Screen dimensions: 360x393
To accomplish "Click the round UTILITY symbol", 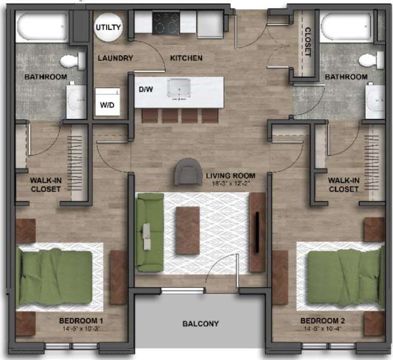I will click(x=109, y=27).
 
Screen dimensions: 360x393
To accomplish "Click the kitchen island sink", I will click(x=180, y=89).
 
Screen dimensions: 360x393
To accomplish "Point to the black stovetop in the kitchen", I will click(x=166, y=23).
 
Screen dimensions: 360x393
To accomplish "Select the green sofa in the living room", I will click(x=149, y=232).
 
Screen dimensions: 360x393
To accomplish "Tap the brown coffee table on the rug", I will click(x=188, y=230).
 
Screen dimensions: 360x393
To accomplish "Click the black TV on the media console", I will click(x=256, y=232).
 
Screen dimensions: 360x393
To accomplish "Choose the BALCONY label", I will click(x=201, y=324).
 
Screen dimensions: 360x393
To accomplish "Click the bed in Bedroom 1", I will click(x=56, y=277).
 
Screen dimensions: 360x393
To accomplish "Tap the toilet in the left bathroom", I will click(x=71, y=60).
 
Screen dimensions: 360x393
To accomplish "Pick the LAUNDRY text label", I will click(x=115, y=58).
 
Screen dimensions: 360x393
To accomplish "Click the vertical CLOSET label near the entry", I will click(x=308, y=42).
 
